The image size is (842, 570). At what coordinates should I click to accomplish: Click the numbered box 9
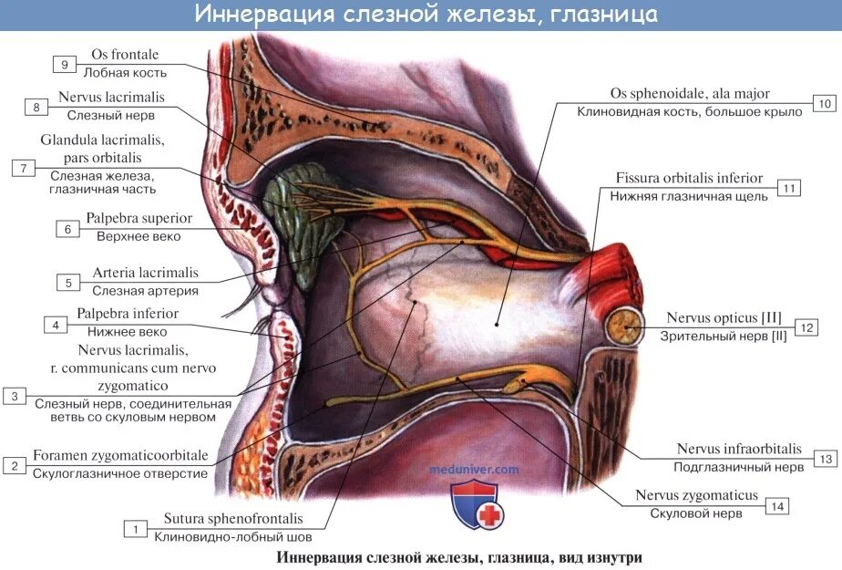point(65,64)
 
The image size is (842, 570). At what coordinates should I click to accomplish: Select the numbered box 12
point(806,326)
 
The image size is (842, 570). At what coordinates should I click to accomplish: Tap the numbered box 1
point(135,529)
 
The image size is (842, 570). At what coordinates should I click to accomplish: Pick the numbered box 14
point(777,504)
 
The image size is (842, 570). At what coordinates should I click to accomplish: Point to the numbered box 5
point(67,282)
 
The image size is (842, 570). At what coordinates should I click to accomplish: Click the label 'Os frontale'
point(125,55)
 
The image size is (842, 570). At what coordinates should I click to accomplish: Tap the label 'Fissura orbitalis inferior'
point(689,179)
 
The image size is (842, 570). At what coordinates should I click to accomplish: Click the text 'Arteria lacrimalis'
point(145,273)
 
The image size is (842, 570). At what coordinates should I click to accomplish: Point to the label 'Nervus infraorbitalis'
point(739,449)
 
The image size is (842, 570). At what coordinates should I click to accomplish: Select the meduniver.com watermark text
point(474,470)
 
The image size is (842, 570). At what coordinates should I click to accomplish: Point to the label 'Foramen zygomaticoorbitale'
point(120,455)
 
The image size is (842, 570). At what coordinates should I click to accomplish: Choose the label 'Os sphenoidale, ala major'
point(690,94)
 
